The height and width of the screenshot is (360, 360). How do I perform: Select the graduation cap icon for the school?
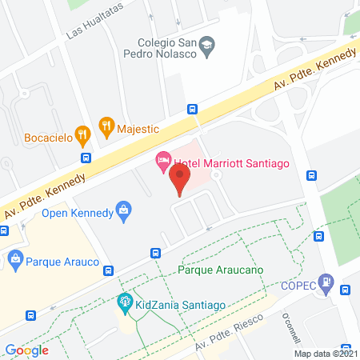(206, 45)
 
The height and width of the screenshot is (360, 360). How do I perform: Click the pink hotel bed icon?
(162, 163)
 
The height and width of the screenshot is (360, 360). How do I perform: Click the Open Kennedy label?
(76, 213)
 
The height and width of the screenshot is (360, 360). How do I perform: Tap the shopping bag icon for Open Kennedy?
(123, 210)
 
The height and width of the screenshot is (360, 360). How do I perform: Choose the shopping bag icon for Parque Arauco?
(16, 258)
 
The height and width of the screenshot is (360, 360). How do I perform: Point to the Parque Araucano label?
(222, 270)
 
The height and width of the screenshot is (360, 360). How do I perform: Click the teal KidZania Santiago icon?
(124, 302)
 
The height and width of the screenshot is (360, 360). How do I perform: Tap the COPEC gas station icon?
(326, 282)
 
